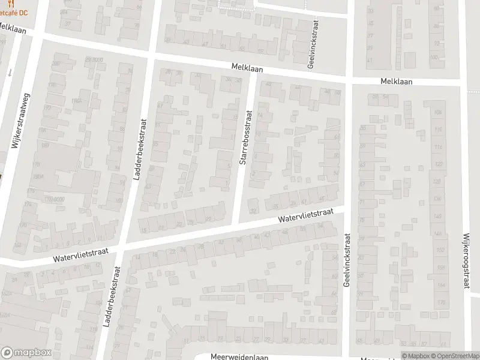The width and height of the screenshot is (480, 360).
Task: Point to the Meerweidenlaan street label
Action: pos(238,356)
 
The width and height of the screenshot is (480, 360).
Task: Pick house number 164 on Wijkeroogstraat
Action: pos(442,284)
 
